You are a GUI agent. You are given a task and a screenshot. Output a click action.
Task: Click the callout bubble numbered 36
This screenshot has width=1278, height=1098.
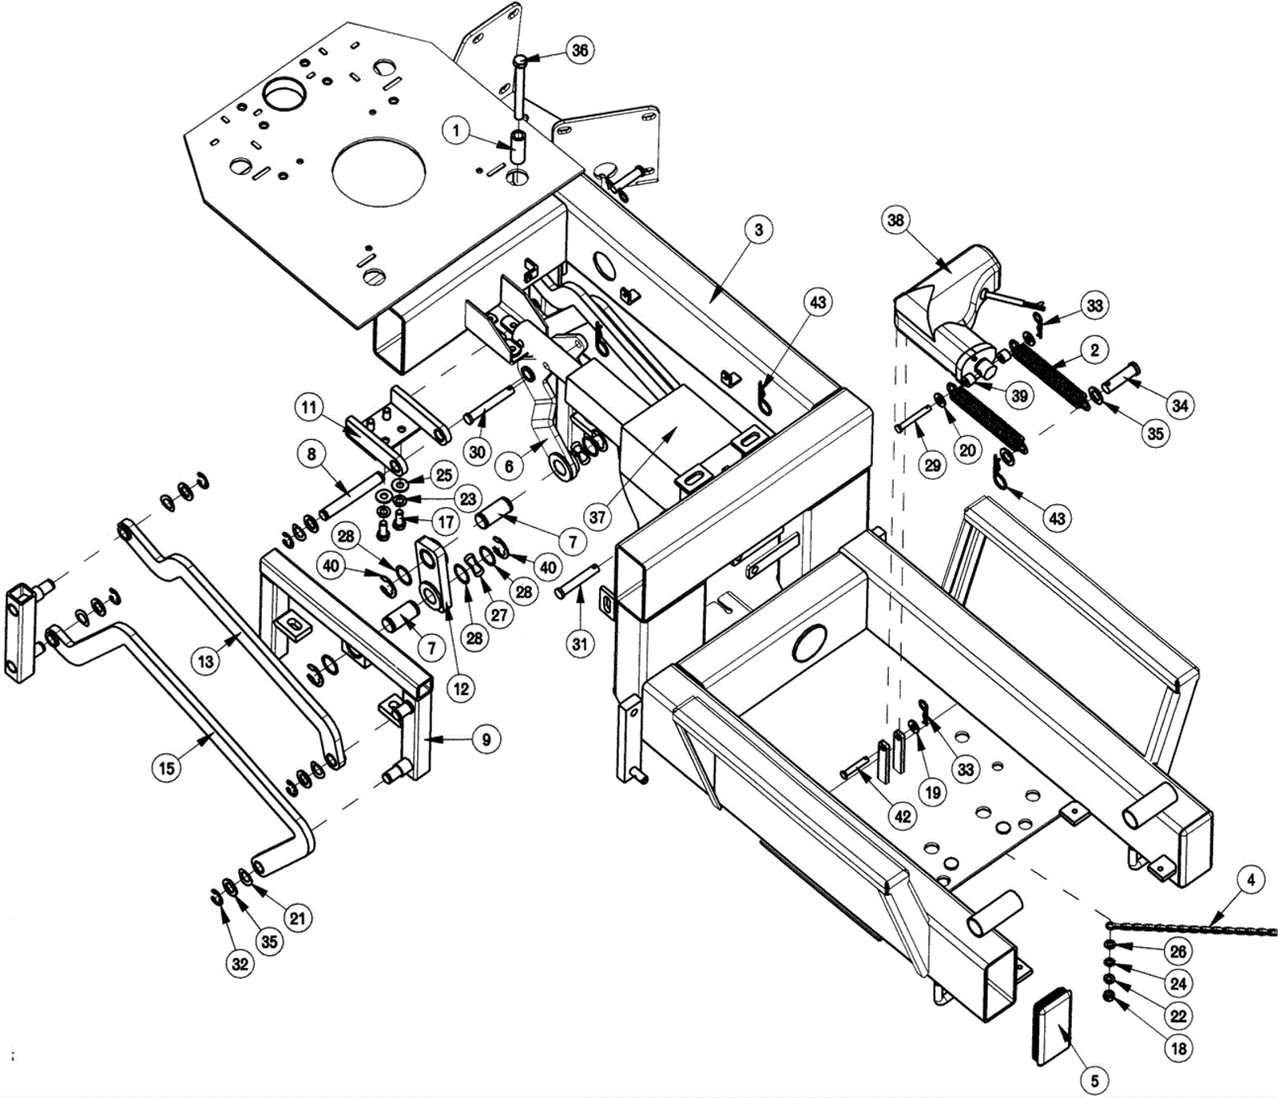(x=580, y=50)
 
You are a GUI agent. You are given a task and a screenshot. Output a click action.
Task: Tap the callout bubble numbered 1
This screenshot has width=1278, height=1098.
(x=456, y=130)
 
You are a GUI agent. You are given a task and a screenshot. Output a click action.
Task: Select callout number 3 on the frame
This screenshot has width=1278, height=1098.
(x=758, y=230)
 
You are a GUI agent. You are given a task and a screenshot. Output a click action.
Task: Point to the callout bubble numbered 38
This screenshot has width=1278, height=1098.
(x=895, y=220)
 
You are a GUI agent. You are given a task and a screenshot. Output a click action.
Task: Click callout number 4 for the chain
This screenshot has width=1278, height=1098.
(x=1251, y=880)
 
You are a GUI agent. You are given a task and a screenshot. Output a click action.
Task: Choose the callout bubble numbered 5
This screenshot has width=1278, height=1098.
(x=1094, y=1081)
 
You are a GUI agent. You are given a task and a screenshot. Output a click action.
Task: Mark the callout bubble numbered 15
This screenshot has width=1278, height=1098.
(x=166, y=768)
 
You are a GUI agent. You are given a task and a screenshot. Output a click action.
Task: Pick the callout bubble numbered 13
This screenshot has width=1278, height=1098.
(x=206, y=661)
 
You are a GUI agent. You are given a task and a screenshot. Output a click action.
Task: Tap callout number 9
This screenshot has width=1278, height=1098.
(x=486, y=739)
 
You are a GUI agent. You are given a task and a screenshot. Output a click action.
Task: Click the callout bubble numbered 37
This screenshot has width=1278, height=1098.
(x=597, y=517)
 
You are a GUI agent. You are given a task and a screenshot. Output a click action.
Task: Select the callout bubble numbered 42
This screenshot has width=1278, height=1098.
(x=903, y=816)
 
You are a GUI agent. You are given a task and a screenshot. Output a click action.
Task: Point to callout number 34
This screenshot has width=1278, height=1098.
(x=1180, y=406)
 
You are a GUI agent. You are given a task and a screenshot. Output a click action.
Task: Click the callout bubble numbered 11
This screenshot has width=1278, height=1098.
(x=310, y=407)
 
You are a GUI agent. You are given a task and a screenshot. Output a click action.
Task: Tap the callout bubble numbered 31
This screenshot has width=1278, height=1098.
(x=580, y=643)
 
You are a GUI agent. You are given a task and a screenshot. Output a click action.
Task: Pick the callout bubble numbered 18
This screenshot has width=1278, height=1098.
(x=1179, y=1048)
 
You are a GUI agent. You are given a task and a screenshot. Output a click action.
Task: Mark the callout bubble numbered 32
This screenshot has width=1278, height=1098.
(x=240, y=964)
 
